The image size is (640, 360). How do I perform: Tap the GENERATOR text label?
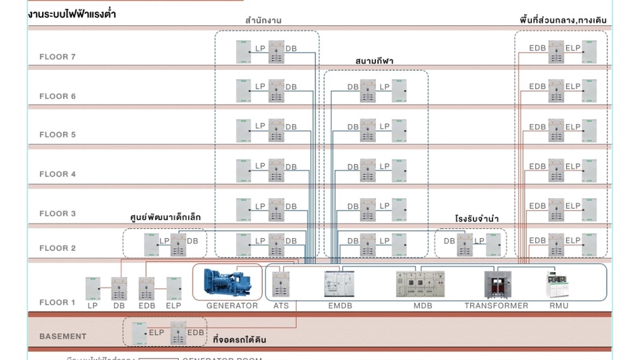232,306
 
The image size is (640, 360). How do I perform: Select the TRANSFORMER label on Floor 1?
496,306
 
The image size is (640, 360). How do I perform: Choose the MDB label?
423,306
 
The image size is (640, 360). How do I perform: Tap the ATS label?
281,306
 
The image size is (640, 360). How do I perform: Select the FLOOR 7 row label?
57,57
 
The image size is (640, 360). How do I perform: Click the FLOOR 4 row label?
57,175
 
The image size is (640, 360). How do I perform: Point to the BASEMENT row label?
63,337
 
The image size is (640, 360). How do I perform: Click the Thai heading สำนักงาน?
263,21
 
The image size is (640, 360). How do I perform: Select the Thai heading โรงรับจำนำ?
477,219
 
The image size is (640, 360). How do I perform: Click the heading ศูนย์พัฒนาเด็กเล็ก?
165,217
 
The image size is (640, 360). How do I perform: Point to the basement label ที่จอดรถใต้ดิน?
239,340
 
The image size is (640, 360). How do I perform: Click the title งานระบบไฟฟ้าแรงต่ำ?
73,13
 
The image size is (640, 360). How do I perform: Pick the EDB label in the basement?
196,332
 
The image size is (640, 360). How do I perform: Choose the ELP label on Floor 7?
573,48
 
